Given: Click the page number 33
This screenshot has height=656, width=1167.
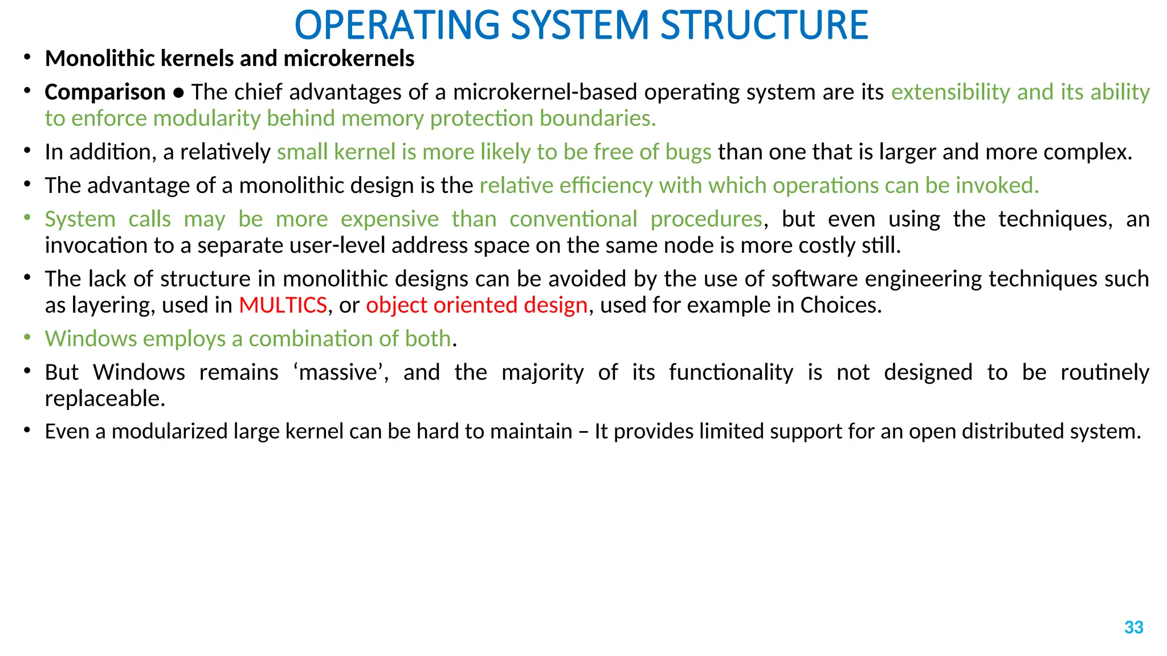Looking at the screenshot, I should [1133, 627].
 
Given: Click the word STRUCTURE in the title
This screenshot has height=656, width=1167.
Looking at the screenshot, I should [764, 26].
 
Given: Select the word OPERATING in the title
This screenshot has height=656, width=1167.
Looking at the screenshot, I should [397, 26].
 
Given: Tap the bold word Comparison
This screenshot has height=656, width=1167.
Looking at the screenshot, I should [105, 92].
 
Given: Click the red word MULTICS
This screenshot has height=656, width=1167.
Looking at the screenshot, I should [283, 305].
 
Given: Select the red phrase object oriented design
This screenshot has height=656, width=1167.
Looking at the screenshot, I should [476, 305].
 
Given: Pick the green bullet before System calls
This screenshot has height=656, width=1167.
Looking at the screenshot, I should [27, 218].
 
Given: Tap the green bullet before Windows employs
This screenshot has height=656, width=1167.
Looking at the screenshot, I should [27, 337].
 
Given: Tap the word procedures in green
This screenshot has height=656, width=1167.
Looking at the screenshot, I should [706, 219].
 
